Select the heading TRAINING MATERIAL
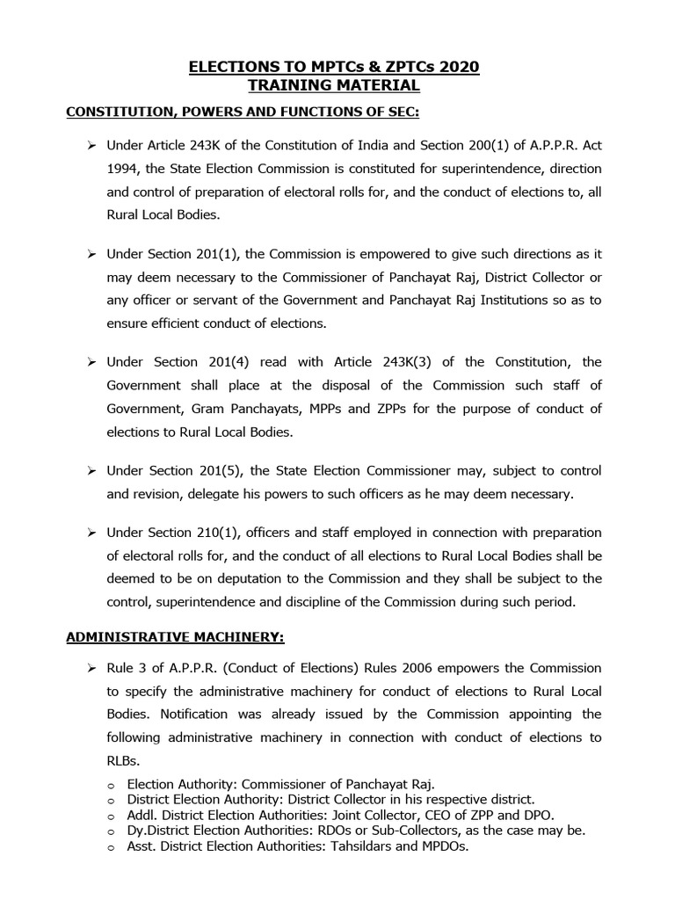point(337,86)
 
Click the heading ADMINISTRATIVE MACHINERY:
point(176,636)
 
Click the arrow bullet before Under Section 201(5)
point(91,470)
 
